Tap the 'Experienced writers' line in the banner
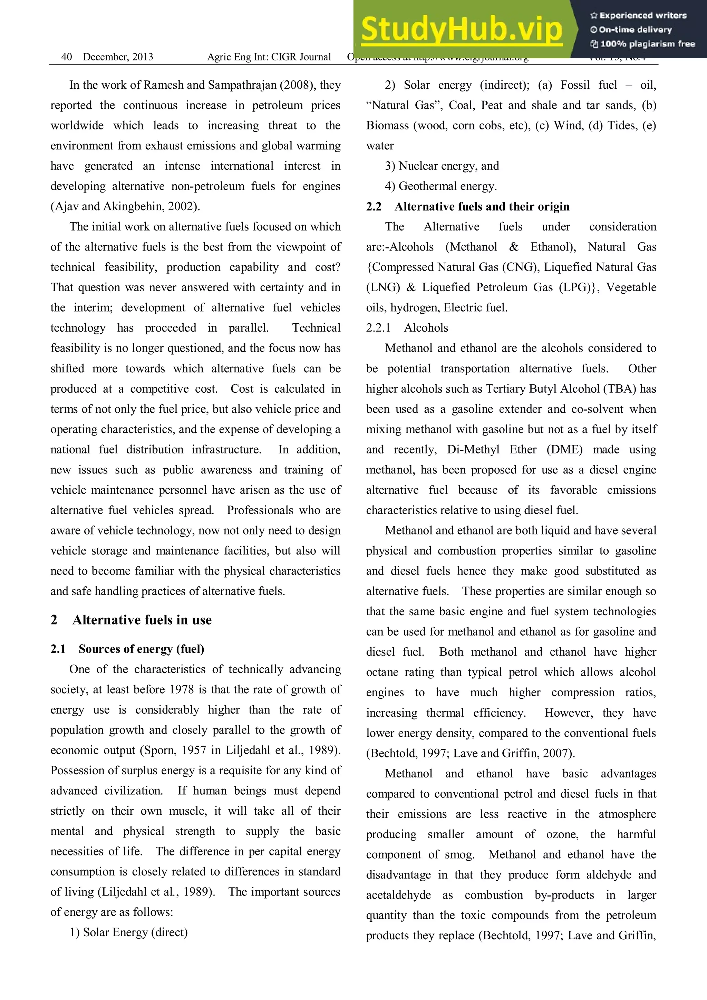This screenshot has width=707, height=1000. point(638,15)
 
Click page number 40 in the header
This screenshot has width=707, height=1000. point(67,57)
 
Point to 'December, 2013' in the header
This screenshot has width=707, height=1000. point(118,57)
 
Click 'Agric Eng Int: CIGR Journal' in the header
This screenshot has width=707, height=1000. point(269,57)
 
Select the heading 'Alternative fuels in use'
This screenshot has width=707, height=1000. point(142,620)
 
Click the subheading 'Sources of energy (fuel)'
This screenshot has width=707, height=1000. point(141,649)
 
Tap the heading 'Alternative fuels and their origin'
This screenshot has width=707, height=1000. point(482,206)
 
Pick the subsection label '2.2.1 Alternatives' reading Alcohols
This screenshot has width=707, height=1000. point(426,328)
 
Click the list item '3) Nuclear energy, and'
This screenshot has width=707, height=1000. point(442,166)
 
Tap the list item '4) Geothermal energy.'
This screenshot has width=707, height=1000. point(440,186)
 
